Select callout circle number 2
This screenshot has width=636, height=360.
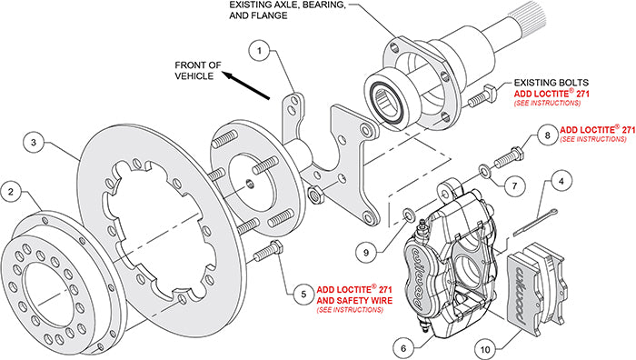coord(11,192)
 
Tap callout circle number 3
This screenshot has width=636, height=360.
coord(33,143)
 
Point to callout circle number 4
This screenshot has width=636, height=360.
coord(564,181)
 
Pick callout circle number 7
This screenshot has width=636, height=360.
coord(514,185)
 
